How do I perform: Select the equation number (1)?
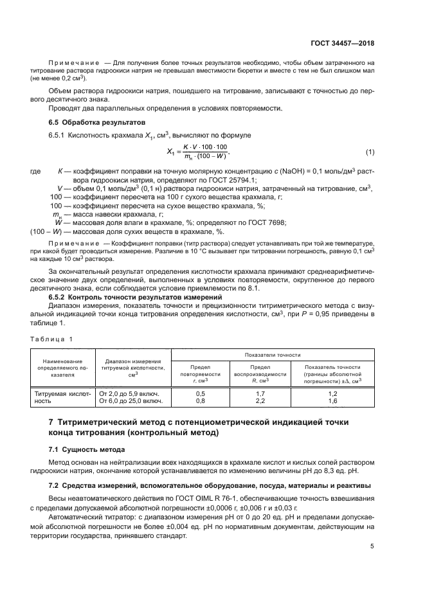(370, 152)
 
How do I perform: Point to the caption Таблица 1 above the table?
(52, 338)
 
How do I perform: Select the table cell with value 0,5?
(200, 393)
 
